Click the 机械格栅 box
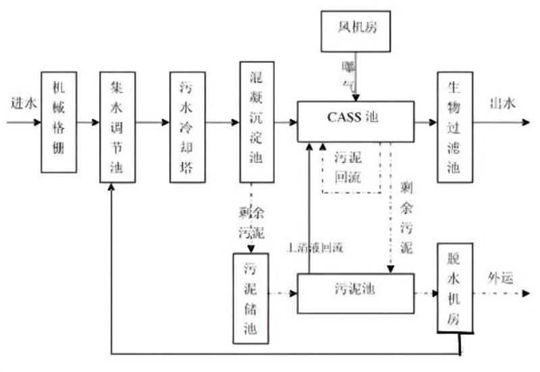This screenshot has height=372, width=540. click(x=58, y=122)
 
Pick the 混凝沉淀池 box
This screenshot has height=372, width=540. click(x=256, y=122)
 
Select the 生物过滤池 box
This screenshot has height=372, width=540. click(x=454, y=126)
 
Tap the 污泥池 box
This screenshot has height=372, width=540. click(x=355, y=292)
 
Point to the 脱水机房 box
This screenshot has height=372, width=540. click(x=454, y=287)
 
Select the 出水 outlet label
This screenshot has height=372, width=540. click(x=502, y=103)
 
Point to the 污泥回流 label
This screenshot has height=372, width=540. click(x=350, y=166)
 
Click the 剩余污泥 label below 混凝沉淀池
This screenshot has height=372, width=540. click(x=251, y=223)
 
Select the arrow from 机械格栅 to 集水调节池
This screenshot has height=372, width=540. click(x=87, y=123)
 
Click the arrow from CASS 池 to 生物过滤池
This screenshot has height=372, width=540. click(x=426, y=123)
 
